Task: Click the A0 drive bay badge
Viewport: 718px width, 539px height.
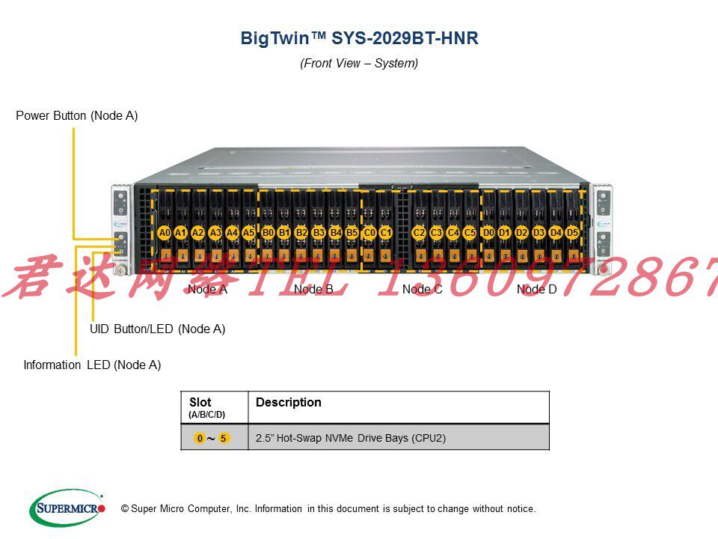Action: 165,233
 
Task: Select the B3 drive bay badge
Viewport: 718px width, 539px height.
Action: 319,233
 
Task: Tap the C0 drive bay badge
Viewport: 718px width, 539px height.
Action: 369,233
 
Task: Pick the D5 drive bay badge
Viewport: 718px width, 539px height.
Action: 572,233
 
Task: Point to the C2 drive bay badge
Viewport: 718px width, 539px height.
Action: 419,233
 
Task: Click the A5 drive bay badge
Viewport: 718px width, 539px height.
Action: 248,233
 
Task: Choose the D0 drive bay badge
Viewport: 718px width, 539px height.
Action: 488,233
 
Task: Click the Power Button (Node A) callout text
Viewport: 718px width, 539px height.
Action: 77,116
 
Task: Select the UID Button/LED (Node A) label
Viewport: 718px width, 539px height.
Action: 157,329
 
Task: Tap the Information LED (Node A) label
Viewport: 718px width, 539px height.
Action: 92,365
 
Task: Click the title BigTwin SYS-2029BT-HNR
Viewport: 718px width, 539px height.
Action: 359,38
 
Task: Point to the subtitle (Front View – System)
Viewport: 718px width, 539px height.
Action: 359,64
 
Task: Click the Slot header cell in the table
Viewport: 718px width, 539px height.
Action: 206,406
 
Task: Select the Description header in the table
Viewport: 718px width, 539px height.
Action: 289,403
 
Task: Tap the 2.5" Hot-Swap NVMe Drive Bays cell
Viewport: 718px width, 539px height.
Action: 351,438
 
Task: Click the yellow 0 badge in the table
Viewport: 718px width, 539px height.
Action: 200,438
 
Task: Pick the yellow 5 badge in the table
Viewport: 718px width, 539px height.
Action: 224,438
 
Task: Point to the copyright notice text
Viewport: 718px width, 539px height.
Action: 328,509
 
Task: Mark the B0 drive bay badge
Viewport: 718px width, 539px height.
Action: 268,233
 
